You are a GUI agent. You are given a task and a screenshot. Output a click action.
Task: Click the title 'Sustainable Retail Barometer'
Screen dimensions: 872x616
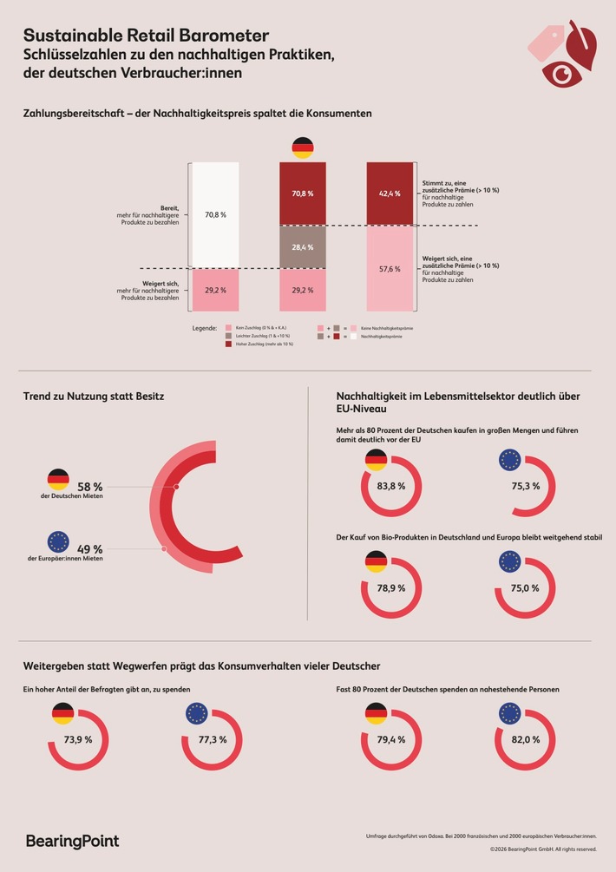146,36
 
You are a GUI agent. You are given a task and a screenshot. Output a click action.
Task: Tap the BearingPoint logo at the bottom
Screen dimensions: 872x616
72,841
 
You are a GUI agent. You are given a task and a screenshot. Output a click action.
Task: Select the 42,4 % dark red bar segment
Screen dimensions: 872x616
390,193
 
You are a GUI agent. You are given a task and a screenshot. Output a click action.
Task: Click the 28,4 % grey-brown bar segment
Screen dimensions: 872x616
303,247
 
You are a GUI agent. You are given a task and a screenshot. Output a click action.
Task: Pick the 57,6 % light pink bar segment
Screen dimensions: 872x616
390,269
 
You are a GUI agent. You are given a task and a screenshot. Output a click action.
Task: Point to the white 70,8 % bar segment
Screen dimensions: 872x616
214,213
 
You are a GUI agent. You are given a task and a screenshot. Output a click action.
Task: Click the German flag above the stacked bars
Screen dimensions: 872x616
303,148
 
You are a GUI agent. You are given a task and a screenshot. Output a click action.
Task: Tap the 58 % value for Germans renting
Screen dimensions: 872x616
89,488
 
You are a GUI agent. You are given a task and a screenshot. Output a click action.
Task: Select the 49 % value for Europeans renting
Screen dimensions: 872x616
89,548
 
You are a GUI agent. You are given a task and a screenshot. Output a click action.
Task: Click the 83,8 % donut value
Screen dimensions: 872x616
391,486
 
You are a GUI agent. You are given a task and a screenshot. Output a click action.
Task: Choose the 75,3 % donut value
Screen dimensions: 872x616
526,486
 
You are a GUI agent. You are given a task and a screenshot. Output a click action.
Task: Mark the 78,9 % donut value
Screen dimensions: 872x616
391,587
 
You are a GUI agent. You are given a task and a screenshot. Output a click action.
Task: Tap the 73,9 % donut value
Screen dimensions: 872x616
77,739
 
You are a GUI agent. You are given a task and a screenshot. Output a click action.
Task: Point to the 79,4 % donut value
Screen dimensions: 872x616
391,739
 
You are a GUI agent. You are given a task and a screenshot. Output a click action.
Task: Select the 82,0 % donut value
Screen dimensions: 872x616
526,739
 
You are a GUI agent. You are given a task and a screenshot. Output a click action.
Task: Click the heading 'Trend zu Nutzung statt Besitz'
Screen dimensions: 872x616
94,397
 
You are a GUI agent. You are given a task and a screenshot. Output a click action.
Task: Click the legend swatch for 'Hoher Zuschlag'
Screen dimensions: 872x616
228,344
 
